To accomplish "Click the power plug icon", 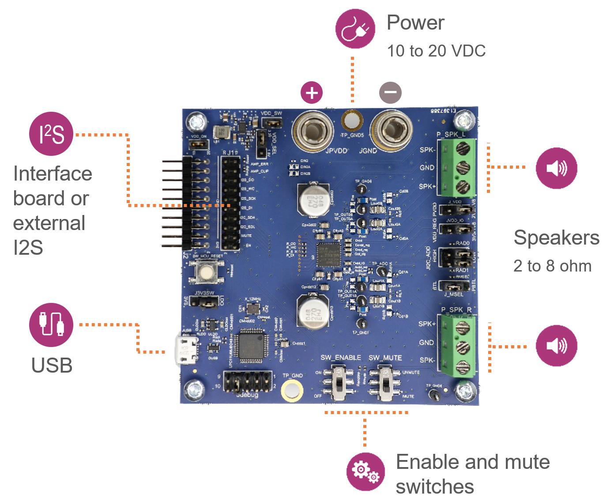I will coord(355,29).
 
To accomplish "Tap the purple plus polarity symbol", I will coord(312,93).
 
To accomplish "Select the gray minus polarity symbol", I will coord(390,93).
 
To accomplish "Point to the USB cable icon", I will coord(51,324).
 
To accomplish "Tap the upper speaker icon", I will coord(556,168).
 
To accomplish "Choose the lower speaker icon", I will coord(556,346).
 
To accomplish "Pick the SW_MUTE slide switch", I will coord(385,383).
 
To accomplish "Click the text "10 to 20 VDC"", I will coord(436,51).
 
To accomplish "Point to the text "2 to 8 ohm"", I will coord(552,266).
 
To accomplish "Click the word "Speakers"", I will coord(556,238).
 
